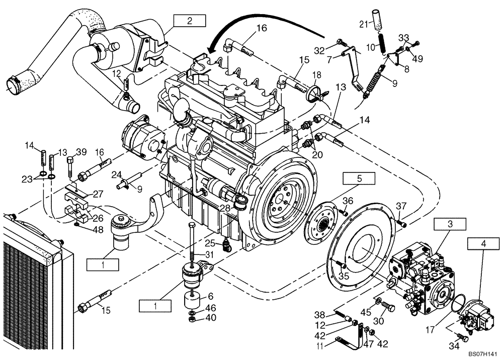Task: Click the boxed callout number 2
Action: tap(190, 21)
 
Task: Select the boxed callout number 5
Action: tap(359, 178)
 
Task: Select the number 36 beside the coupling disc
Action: tap(348, 201)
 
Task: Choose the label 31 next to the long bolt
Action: tap(209, 255)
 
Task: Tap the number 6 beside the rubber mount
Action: tap(211, 297)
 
